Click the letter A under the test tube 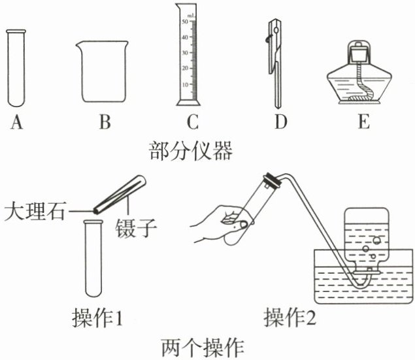(16, 122)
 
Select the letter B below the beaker (104, 122)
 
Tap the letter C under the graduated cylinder (191, 122)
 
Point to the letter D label (281, 122)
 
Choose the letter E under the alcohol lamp (363, 122)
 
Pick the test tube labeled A (16, 69)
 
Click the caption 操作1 (98, 318)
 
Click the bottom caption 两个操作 (200, 346)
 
